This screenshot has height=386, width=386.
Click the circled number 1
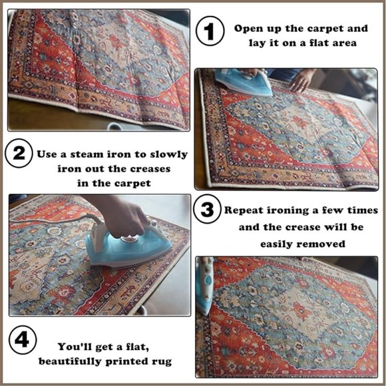[x=210, y=31]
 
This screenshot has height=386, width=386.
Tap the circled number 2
[x=19, y=153]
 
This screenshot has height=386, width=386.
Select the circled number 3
[x=207, y=209]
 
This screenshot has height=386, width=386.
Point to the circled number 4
[x=23, y=340]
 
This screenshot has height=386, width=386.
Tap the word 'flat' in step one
[x=318, y=43]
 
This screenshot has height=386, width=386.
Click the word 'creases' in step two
[x=150, y=169]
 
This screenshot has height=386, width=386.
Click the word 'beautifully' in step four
[x=70, y=361]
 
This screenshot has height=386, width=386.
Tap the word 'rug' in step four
[x=162, y=362]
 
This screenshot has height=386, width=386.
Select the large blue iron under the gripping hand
[x=128, y=249]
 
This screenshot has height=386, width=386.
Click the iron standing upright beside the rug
[x=205, y=286]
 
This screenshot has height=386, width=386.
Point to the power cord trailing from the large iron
[x=54, y=219]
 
